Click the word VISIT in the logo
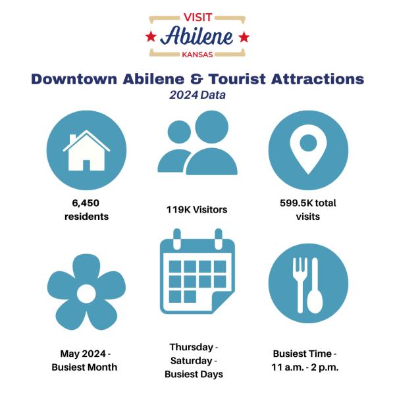pyautogui.click(x=197, y=17)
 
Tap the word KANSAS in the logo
pyautogui.click(x=197, y=55)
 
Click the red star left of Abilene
pyautogui.click(x=151, y=37)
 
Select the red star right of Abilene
pyautogui.click(x=244, y=37)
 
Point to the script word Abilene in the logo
pyautogui.click(x=197, y=36)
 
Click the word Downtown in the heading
pyautogui.click(x=74, y=79)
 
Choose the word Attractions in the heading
pyautogui.click(x=317, y=79)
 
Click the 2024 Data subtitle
pyautogui.click(x=197, y=95)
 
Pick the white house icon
pyautogui.click(x=86, y=150)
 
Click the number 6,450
pyautogui.click(x=86, y=203)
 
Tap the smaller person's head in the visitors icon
pyautogui.click(x=179, y=132)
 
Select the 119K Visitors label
pyautogui.click(x=197, y=209)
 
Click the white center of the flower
pyautogui.click(x=86, y=294)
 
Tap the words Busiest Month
pyautogui.click(x=84, y=367)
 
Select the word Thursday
pyautogui.click(x=192, y=347)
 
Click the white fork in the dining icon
pyautogui.click(x=300, y=285)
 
